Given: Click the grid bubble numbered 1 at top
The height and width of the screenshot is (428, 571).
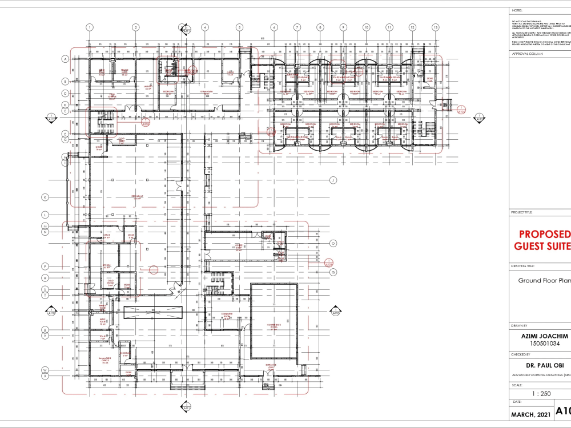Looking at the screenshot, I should coord(89,27).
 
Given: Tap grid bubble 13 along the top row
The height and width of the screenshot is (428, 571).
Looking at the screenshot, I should coord(435,27).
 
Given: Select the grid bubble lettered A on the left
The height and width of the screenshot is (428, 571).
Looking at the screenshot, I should coord(65,59).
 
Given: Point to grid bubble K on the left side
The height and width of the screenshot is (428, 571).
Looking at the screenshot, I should coord(45,197).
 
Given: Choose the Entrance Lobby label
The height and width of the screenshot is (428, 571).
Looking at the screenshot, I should coord(271,366).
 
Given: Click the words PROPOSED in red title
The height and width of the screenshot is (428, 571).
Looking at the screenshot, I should coord(544,235).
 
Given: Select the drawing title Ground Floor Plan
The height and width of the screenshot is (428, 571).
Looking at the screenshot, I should coord(544,281).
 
